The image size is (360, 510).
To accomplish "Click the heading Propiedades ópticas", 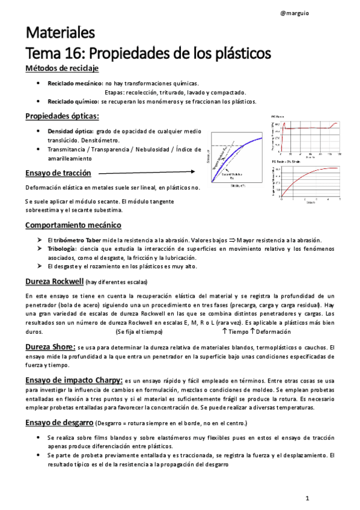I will [63, 115].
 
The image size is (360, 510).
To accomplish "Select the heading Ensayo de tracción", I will [58, 173].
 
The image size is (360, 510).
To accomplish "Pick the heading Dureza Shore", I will [50, 347].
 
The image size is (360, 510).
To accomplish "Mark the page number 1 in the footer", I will [307, 499].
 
